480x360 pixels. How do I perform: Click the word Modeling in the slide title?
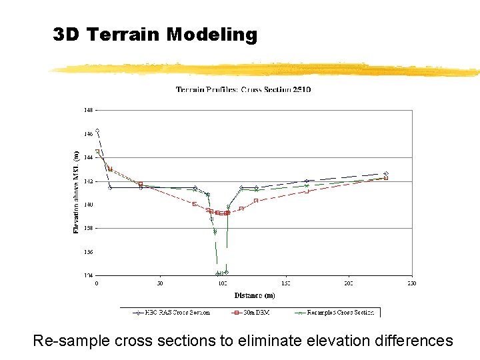coord(212,35)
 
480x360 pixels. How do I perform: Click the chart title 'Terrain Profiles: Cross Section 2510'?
coord(243,89)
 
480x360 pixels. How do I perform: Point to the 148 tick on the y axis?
coord(88,110)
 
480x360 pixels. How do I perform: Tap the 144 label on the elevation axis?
coord(88,157)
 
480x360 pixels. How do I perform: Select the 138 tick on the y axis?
coord(88,228)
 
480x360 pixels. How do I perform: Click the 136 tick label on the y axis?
coord(88,252)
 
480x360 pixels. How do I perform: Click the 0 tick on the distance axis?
coord(97,283)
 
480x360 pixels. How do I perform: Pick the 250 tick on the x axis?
coord(412,283)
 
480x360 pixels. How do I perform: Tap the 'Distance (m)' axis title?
coord(254,295)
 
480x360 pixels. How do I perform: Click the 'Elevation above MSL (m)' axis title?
coord(75,191)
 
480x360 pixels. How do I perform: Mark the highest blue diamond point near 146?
coord(97,131)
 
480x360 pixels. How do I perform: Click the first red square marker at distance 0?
coord(97,151)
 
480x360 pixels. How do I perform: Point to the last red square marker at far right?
coord(386,178)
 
